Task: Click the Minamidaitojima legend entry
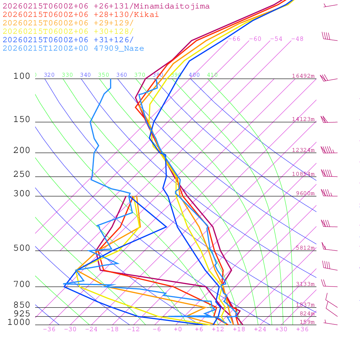coord(106,6)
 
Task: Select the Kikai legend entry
coord(81,15)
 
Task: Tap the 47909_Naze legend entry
coord(73,49)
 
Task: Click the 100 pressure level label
coord(22,76)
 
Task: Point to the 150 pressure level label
coord(22,120)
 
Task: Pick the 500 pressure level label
coord(22,248)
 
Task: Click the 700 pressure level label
coord(22,284)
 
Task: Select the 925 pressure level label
coord(22,314)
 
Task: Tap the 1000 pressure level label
coord(19,322)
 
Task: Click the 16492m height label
coord(303,76)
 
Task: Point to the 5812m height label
coord(305,248)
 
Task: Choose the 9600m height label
coord(305,193)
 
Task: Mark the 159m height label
coord(307,322)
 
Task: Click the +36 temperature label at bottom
coord(302,329)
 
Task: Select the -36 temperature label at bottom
coord(49,329)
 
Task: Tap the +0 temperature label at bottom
coord(178,329)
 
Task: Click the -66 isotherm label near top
coord(234,39)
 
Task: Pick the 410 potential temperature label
coord(212,75)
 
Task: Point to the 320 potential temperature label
coord(49,75)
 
